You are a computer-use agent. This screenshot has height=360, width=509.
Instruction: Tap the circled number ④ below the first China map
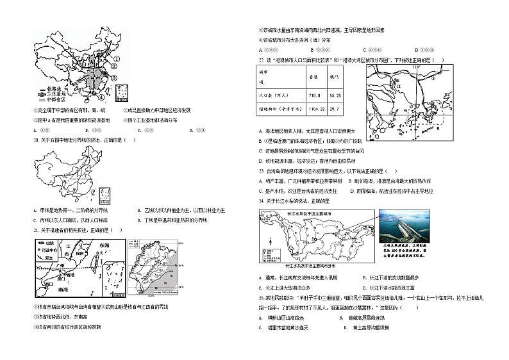101,97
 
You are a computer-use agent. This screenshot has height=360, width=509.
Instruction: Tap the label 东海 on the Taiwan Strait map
104,245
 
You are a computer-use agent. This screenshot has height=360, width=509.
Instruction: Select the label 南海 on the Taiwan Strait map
62,290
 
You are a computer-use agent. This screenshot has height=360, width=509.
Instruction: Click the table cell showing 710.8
314,95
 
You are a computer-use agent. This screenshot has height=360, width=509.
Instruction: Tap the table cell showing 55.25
334,95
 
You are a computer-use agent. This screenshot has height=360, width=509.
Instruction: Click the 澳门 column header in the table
333,76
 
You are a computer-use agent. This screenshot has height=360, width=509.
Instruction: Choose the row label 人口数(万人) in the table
273,95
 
